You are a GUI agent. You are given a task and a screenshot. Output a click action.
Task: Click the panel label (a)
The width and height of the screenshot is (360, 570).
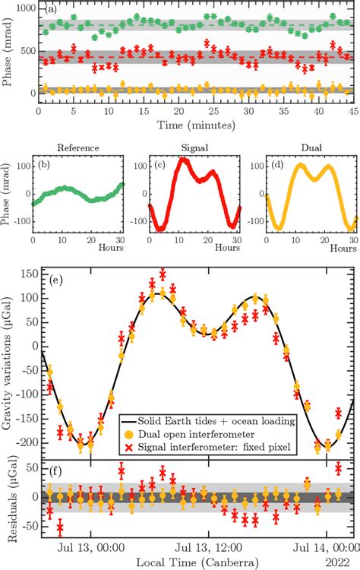(x=51, y=11)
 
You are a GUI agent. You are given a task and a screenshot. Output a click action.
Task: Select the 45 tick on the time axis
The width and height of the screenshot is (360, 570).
(x=353, y=110)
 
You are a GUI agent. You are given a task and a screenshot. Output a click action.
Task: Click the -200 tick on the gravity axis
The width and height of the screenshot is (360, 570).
(x=24, y=442)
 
